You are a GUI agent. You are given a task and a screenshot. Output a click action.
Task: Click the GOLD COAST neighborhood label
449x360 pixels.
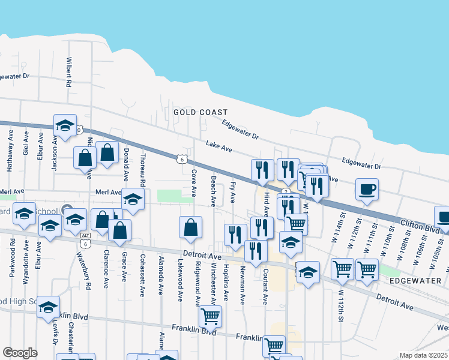click(200, 112)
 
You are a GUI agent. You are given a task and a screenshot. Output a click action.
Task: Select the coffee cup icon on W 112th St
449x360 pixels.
click(366, 190)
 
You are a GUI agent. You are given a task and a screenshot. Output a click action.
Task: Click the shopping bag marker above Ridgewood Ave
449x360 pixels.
click(190, 227)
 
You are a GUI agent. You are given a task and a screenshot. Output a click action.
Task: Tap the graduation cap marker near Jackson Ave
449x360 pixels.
click(65, 125)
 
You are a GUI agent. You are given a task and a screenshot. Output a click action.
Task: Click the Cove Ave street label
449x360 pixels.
click(193, 183)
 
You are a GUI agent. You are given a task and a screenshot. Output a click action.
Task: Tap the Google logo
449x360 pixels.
click(20, 353)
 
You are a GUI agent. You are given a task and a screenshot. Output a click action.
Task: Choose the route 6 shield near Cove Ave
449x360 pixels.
click(181, 159)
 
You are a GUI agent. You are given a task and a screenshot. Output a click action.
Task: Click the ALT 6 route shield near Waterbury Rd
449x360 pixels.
click(85, 240)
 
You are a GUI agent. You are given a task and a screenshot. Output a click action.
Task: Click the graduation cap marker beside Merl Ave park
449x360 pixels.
click(133, 199)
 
